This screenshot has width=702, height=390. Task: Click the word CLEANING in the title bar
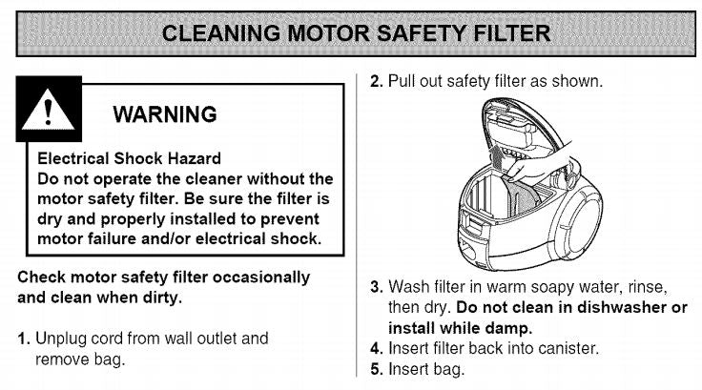point(212,33)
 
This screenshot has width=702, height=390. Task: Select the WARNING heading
point(164,115)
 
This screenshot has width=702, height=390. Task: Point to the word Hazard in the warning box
point(191,158)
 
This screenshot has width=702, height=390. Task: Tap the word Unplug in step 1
point(58,339)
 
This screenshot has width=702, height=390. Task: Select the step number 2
point(376,81)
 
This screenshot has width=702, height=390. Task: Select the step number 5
point(376,369)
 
